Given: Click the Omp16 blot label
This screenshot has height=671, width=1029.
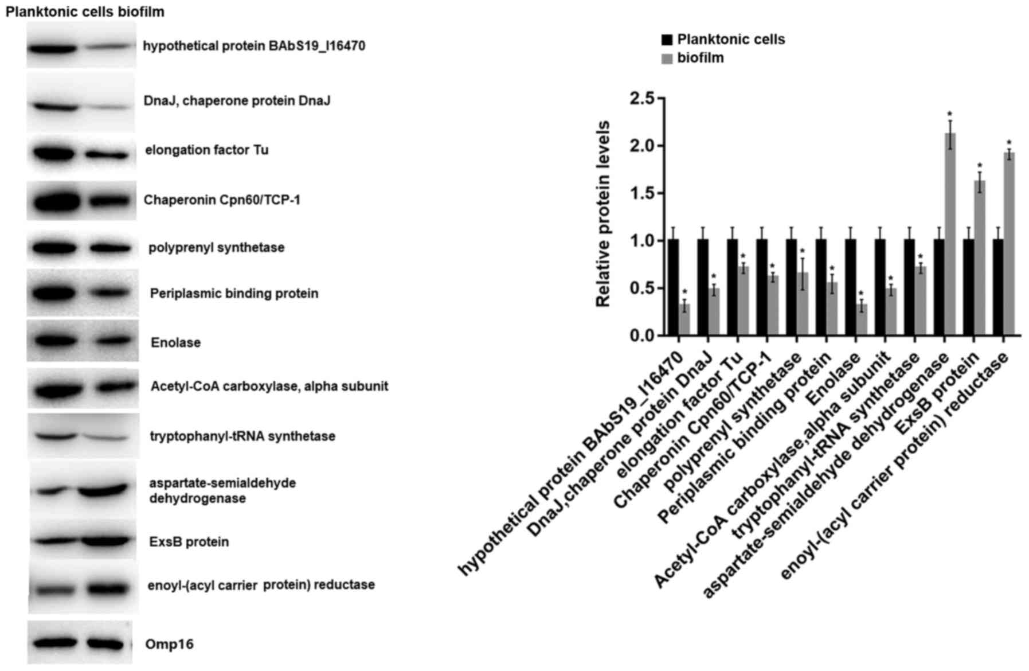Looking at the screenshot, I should point(169,645).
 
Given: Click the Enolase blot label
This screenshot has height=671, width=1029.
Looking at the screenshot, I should point(175,343).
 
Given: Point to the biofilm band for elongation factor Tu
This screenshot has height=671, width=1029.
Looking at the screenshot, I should point(107,154).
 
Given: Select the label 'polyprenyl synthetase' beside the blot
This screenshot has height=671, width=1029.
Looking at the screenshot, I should point(216,248).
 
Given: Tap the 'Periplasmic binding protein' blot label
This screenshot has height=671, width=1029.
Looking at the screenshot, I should point(234,294).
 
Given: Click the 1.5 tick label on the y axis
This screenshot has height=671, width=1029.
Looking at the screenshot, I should point(641,193).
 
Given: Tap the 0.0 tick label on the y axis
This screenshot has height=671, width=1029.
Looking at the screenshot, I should point(641,335).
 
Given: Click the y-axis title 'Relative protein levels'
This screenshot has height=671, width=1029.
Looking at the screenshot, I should point(603,214).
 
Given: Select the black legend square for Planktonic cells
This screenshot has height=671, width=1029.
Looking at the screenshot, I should point(667,40).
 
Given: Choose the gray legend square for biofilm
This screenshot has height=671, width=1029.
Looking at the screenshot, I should point(667,58).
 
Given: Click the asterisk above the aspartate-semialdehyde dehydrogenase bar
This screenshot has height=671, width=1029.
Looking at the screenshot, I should point(950,114).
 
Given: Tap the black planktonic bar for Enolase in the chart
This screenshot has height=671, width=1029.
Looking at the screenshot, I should point(850,287).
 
